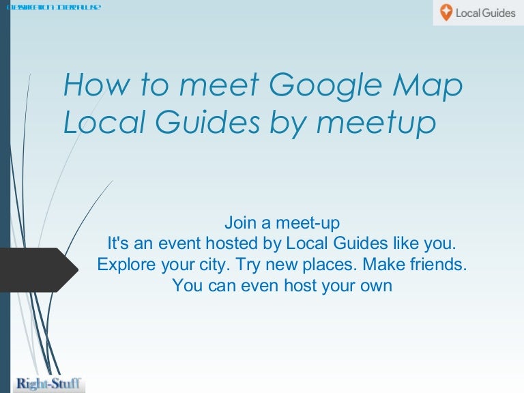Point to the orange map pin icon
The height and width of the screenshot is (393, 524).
click(446, 13)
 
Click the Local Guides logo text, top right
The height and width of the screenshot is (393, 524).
click(486, 13)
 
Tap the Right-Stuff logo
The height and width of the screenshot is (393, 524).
click(48, 383)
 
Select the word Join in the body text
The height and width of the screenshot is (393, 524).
click(239, 222)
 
